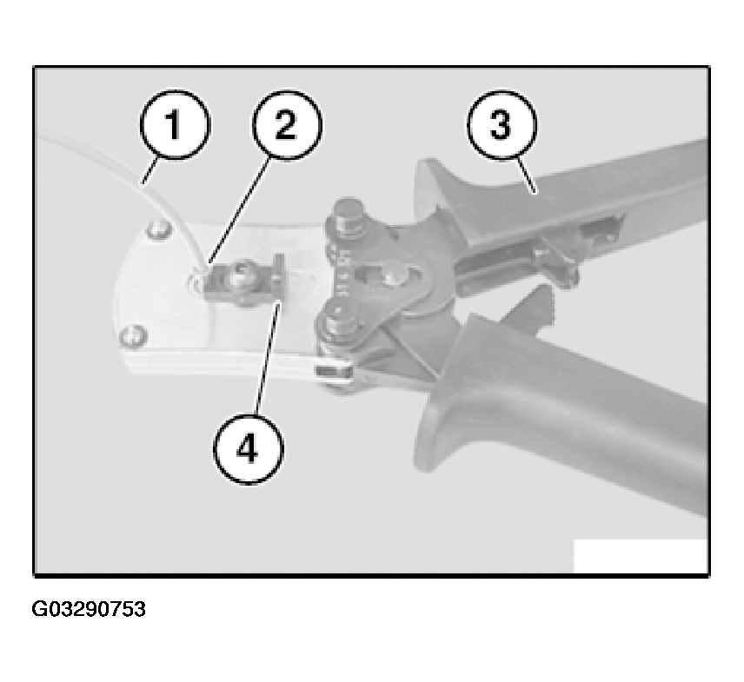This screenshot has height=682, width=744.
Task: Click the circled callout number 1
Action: tap(175, 125)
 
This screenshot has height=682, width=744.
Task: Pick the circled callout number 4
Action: tap(249, 449)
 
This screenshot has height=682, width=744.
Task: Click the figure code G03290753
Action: tap(89, 609)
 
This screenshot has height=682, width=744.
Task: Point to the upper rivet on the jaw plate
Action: tap(159, 230)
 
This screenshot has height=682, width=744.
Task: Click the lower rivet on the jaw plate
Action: tap(133, 335)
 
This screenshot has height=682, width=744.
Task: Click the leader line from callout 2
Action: tap(240, 210)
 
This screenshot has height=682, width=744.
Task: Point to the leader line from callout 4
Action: tap(268, 360)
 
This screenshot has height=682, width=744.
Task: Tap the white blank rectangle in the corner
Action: tap(641, 556)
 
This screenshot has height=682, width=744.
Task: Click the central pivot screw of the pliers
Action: tap(395, 277)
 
